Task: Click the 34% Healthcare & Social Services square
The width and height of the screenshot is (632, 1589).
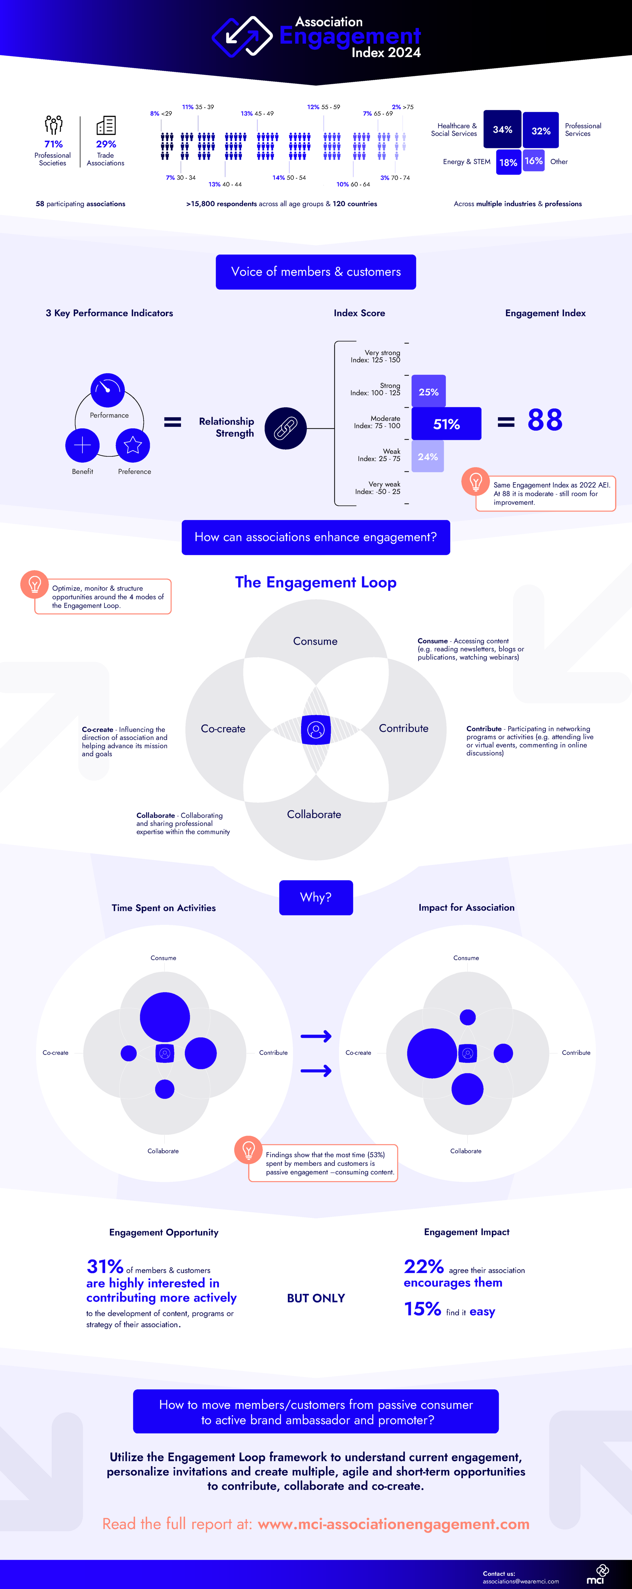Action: (x=502, y=130)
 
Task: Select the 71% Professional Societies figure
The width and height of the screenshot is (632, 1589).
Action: (x=53, y=144)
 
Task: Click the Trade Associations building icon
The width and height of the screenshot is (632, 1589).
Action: (x=106, y=125)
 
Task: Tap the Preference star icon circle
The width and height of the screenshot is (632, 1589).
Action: (x=133, y=445)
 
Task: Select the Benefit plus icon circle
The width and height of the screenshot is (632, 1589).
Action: (x=82, y=445)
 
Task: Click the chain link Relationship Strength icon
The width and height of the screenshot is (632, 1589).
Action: (x=285, y=428)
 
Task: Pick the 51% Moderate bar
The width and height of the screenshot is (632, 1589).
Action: (x=446, y=424)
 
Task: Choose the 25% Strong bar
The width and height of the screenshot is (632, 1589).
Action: (x=428, y=392)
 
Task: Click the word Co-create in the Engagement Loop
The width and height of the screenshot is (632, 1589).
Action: (x=223, y=728)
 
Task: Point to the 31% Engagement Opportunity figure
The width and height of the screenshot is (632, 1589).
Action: (x=105, y=1266)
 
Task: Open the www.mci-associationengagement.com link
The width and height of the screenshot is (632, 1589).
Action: (x=393, y=1524)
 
